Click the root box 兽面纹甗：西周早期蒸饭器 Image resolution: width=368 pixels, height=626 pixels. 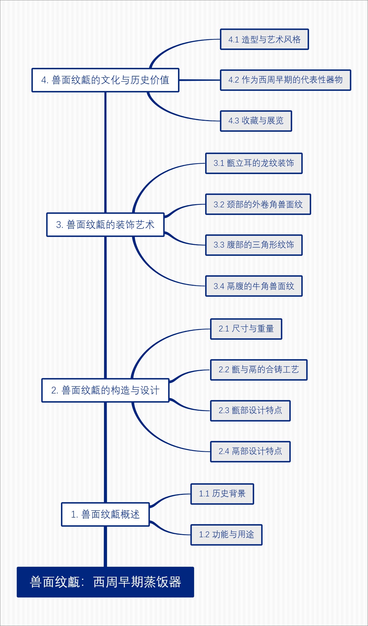point(105,582)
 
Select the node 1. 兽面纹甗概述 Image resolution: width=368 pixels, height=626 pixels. point(105,514)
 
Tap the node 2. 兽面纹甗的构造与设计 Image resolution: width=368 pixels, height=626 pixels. point(105,390)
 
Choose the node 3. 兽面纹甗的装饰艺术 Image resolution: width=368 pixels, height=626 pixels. point(105,225)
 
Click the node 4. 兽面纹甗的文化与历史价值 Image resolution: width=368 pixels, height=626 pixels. point(105,80)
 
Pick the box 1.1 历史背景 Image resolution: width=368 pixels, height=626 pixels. point(222,494)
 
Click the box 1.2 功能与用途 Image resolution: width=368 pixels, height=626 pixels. point(226,534)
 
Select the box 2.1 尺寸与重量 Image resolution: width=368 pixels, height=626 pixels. point(246,329)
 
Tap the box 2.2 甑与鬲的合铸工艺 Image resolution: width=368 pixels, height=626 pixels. point(259,370)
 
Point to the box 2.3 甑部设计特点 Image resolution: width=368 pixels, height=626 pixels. point(250,410)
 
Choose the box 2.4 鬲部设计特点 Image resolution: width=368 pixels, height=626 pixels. point(250,451)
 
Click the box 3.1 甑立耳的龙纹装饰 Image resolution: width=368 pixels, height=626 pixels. point(254,163)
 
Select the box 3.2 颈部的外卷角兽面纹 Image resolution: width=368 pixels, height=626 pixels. point(258,204)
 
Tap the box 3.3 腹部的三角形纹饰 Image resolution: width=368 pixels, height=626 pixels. point(254,245)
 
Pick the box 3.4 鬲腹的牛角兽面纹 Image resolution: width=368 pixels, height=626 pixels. point(254,286)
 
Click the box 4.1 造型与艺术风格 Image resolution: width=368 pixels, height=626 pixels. point(264,39)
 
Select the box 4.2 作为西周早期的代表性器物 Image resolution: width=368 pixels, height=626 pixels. point(285,80)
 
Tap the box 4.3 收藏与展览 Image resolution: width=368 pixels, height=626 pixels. point(256,121)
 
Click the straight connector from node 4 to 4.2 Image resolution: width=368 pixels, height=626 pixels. point(199,80)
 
